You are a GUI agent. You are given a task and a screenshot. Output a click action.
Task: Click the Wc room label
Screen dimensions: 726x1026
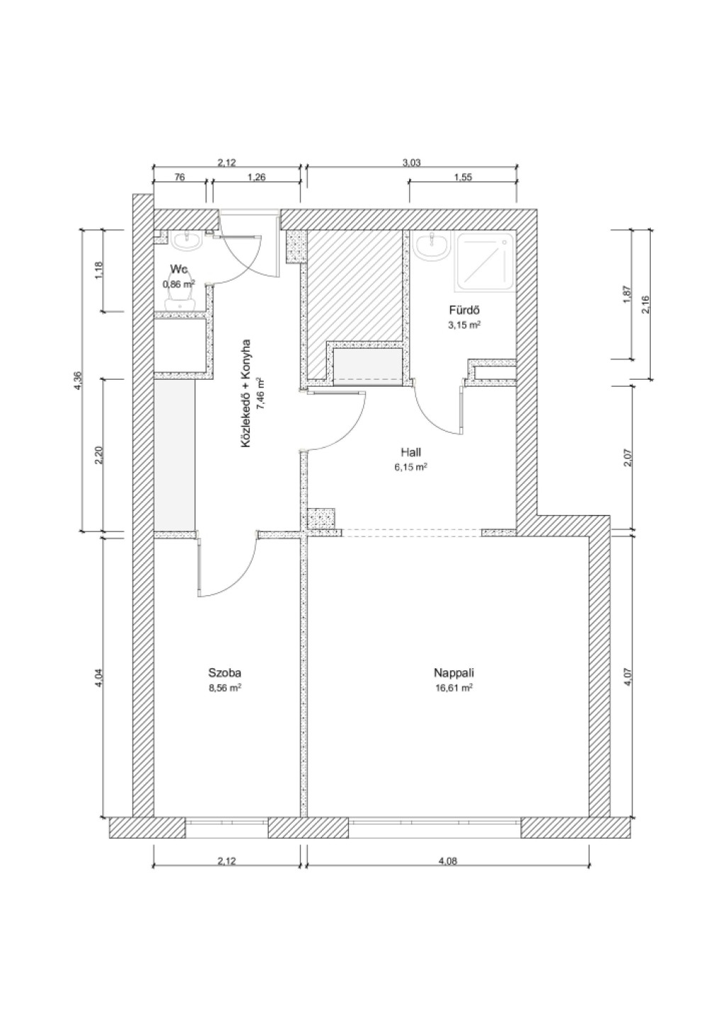179,268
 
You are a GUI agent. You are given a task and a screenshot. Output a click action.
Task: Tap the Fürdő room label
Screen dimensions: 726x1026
465,310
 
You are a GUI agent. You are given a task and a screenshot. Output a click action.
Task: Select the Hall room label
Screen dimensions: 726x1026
411,453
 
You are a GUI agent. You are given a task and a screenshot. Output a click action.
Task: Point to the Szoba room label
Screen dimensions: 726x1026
225,673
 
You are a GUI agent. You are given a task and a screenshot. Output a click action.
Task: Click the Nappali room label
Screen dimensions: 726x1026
454,673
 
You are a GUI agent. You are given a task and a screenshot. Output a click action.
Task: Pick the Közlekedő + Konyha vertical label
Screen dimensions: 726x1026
245,393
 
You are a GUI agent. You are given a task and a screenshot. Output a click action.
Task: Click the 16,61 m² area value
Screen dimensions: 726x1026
454,687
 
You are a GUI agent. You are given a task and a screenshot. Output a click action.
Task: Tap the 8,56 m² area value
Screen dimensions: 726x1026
225,687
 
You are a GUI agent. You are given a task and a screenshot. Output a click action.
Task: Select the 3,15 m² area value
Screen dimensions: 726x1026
465,325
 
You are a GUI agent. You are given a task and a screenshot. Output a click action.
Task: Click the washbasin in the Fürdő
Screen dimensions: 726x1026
431,246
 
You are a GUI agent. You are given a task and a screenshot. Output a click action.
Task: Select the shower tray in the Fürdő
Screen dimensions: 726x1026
486,262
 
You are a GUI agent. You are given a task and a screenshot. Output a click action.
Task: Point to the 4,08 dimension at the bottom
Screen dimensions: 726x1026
448,861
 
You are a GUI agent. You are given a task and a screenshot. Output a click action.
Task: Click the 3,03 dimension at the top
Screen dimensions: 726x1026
411,162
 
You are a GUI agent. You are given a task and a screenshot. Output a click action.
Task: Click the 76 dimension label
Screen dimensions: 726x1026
179,176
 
